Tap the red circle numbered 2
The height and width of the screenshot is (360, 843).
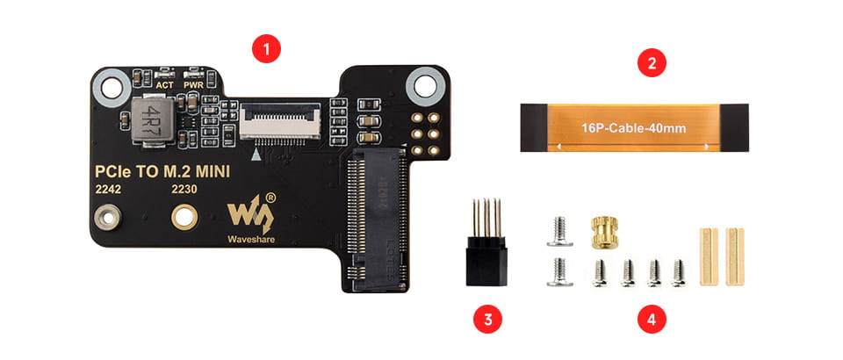(x=652, y=63)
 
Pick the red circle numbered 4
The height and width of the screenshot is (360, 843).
(x=651, y=318)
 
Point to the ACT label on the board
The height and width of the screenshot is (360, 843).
(x=164, y=85)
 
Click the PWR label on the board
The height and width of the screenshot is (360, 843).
(x=193, y=85)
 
